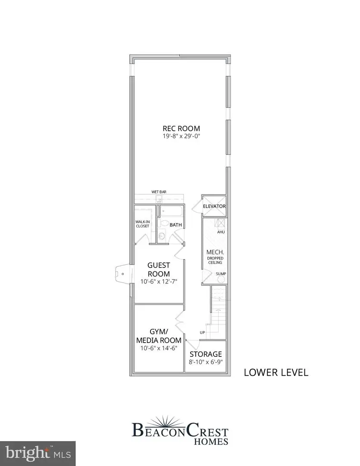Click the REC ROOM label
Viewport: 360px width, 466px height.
tap(181, 128)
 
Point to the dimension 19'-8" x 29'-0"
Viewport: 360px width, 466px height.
tap(181, 136)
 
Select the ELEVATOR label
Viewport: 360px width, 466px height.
tap(214, 207)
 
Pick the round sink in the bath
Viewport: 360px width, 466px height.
tap(161, 236)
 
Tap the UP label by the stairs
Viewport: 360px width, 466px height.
tap(202, 332)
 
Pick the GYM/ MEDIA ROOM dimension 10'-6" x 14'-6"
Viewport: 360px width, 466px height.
tap(159, 347)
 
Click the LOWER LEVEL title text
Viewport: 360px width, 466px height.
tap(276, 372)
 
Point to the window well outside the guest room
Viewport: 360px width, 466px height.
tap(123, 274)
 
